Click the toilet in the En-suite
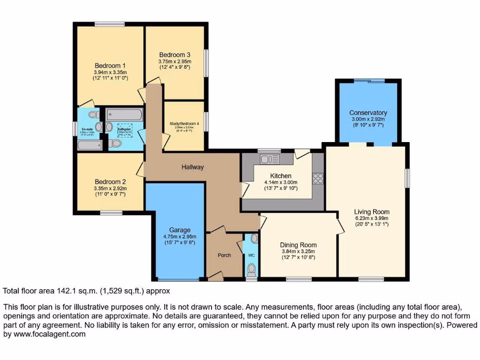pos(92,114)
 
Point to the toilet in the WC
pos(252,269)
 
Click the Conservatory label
pos(368,112)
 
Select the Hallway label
pos(193,167)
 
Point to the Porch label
pos(225,255)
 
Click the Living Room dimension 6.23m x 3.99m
pos(372,218)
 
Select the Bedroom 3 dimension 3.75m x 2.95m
pos(175,61)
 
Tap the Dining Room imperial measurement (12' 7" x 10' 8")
pos(299,258)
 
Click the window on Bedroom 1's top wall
pos(109,24)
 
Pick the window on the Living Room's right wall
pos(408,178)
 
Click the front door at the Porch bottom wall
pos(216,277)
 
